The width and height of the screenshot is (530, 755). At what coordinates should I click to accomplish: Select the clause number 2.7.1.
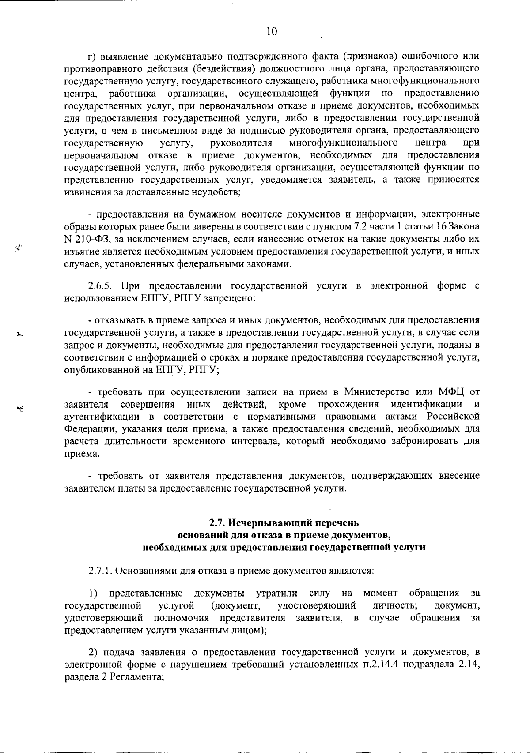pyautogui.click(x=101, y=570)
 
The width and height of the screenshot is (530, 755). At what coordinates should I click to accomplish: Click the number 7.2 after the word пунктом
pyautogui.click(x=369, y=226)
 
